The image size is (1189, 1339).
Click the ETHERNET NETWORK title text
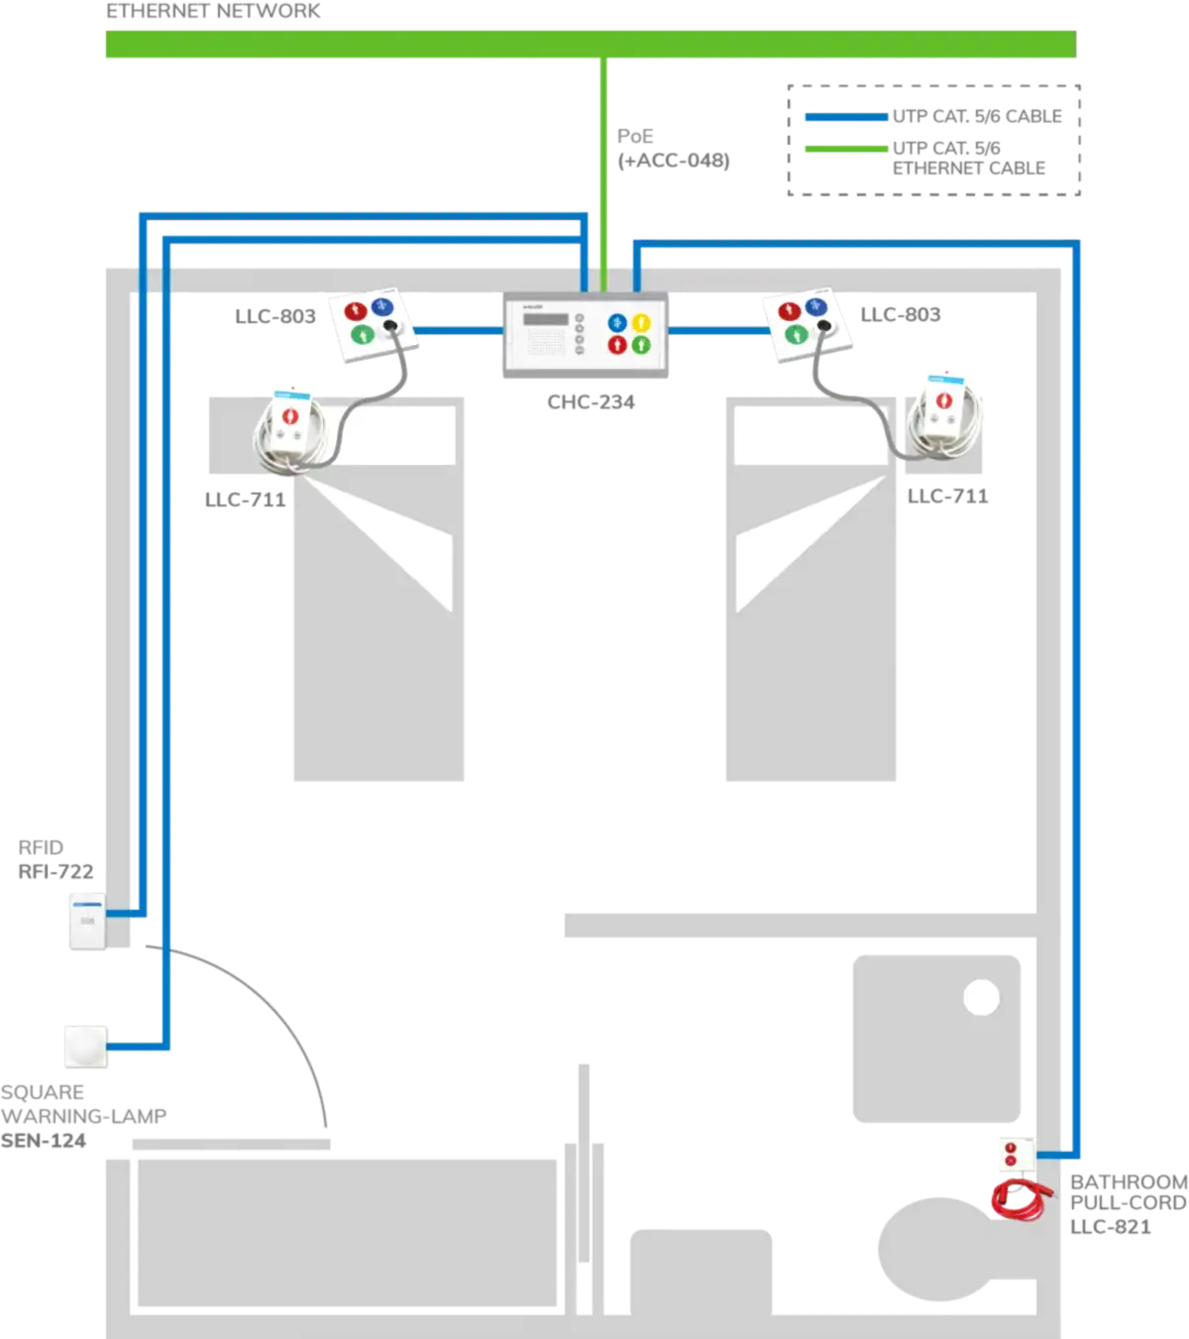pos(213,11)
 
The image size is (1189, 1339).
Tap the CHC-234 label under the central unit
pos(591,401)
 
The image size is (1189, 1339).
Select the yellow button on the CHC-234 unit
pos(640,322)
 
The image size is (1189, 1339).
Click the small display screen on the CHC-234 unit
pos(546,320)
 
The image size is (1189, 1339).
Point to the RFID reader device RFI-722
pos(88,922)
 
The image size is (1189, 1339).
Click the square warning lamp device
pos(86,1047)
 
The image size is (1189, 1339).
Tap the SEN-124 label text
pos(44,1141)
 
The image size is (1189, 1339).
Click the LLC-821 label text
pos(1111,1227)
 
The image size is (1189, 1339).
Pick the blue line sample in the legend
pos(846,117)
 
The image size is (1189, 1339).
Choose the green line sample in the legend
pos(846,149)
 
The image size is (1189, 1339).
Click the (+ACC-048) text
pos(674,161)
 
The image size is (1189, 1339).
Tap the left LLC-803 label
pos(275,316)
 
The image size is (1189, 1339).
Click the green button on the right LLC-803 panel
pos(796,335)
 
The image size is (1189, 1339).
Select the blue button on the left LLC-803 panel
pos(382,306)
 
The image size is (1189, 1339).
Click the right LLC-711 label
pos(948,497)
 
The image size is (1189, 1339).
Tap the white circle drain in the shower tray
pos(982,997)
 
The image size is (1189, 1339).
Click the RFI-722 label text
pos(56,872)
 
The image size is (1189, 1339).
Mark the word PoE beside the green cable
pos(635,136)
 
